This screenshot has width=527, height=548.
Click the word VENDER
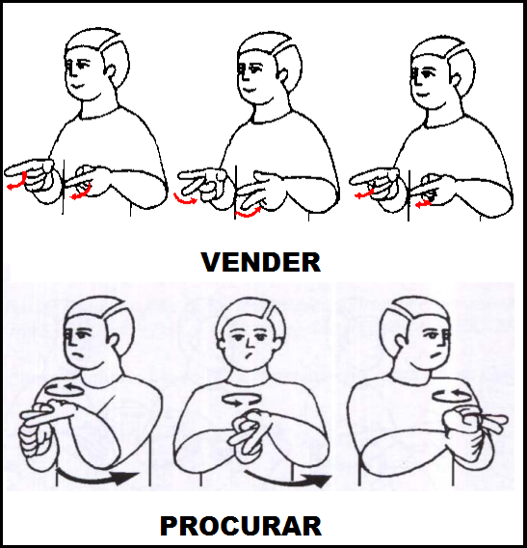260,262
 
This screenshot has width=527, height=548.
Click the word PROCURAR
241,526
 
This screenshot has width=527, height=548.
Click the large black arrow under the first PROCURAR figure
98,477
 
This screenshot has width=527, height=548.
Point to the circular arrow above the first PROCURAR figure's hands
65,389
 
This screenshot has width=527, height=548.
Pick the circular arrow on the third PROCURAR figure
452,395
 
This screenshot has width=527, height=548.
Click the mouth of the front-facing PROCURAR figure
249,357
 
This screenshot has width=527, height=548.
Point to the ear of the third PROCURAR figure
400,341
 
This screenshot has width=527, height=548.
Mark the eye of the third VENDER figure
427,73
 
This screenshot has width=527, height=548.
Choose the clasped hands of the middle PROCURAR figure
249,431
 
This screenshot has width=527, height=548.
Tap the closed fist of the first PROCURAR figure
35,441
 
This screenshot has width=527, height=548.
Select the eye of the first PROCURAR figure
81,335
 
